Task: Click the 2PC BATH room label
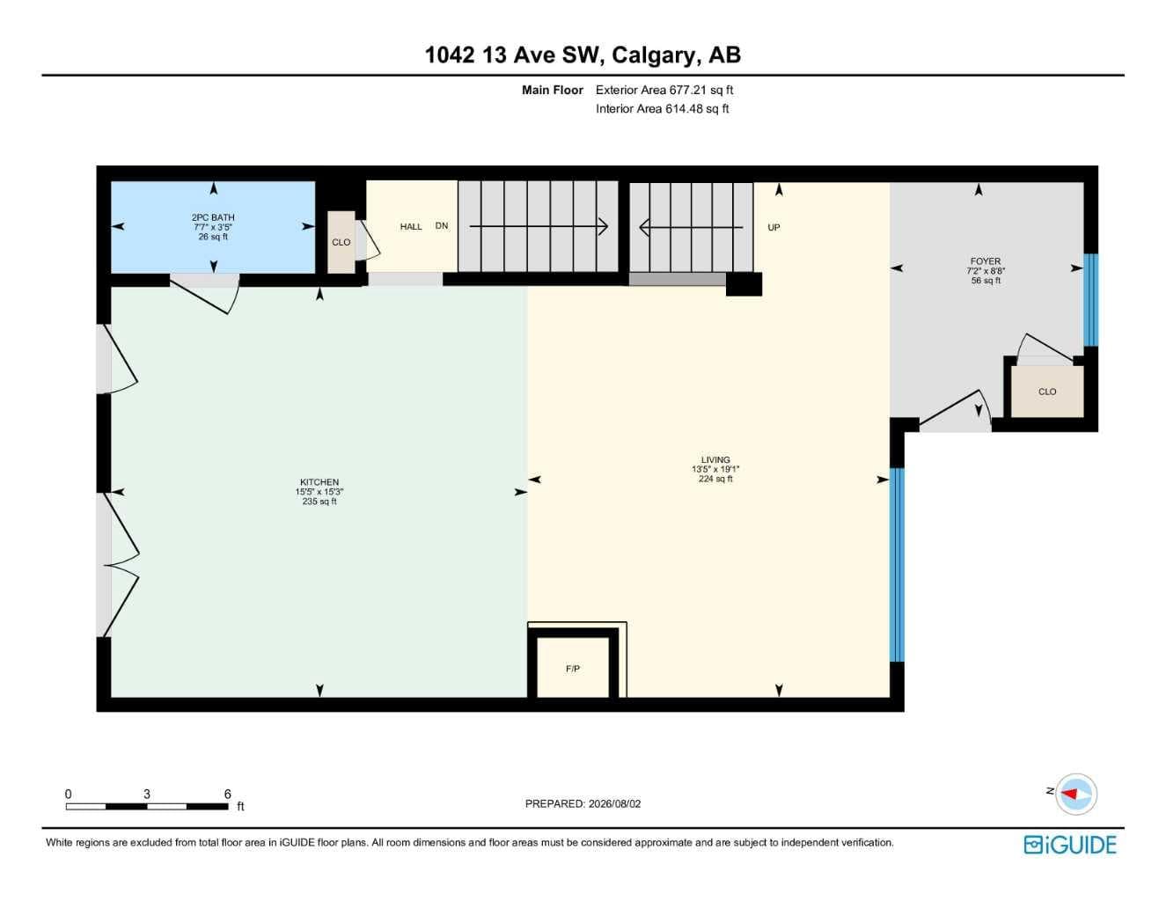pyautogui.click(x=213, y=217)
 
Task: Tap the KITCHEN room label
pyautogui.click(x=319, y=482)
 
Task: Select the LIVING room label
pyautogui.click(x=715, y=459)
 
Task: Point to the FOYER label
pyautogui.click(x=986, y=261)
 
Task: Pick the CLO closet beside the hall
pyautogui.click(x=341, y=242)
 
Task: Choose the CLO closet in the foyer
pyautogui.click(x=1047, y=392)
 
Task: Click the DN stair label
pyautogui.click(x=442, y=226)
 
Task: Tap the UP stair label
pyautogui.click(x=774, y=227)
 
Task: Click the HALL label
pyautogui.click(x=411, y=227)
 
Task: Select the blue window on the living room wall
pyautogui.click(x=898, y=565)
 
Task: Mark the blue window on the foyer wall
pyautogui.click(x=1091, y=300)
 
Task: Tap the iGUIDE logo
pyautogui.click(x=1070, y=845)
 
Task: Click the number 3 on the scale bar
pyautogui.click(x=146, y=794)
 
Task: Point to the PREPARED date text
pyautogui.click(x=583, y=803)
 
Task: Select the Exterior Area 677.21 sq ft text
pyautogui.click(x=664, y=90)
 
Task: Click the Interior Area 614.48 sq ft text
pyautogui.click(x=662, y=109)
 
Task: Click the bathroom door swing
pyautogui.click(x=207, y=294)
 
